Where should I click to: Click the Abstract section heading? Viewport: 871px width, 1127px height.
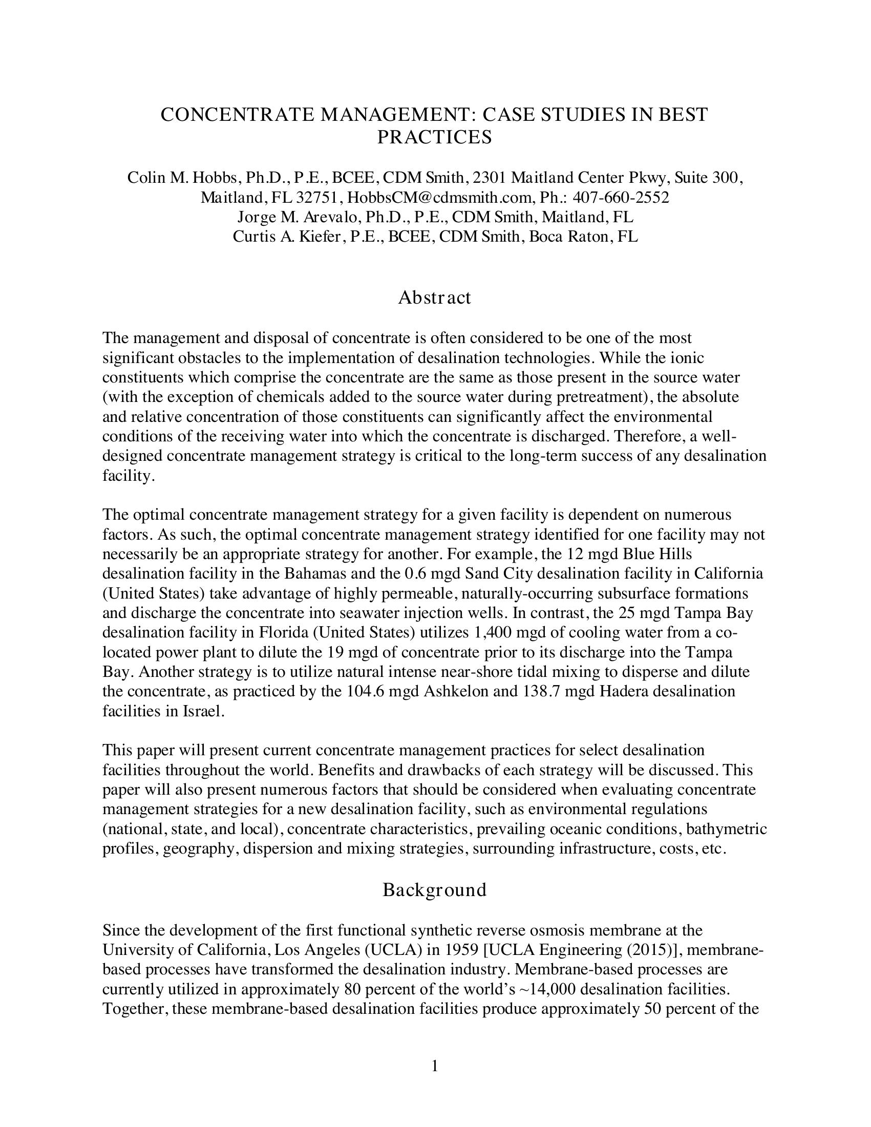[x=434, y=297]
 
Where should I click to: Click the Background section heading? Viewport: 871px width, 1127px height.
[x=434, y=889]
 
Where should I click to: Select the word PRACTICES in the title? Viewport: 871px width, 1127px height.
[x=434, y=137]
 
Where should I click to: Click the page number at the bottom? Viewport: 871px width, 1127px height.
[x=434, y=1066]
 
